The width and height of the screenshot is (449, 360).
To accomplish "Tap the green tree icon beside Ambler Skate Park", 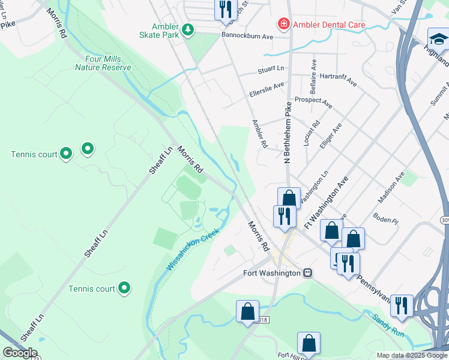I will tap(188, 29).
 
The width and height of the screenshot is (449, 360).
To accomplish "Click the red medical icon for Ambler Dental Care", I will tap(282, 25).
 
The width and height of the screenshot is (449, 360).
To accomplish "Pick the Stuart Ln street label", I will tap(271, 69).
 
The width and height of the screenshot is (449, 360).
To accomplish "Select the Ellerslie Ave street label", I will tap(267, 90).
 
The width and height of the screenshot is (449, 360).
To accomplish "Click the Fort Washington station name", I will tap(271, 273).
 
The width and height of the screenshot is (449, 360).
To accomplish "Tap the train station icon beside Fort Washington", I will tap(307, 273).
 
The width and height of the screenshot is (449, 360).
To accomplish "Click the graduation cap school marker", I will tap(438, 39).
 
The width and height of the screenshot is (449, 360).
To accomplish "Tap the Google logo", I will tap(20, 353).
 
